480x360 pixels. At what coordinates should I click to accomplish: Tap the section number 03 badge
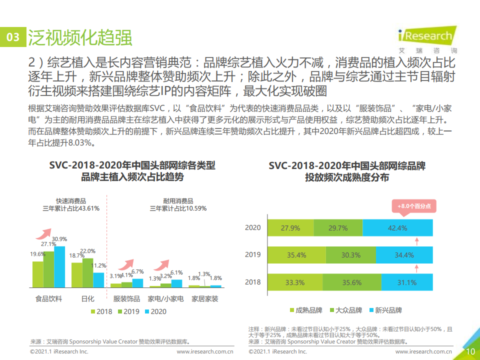pyautogui.click(x=13, y=37)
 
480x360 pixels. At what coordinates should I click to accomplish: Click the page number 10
pyautogui.click(x=470, y=351)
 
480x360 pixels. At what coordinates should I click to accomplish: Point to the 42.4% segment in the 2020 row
pyautogui.click(x=397, y=228)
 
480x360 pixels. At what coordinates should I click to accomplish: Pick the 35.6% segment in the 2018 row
pyautogui.click(x=351, y=282)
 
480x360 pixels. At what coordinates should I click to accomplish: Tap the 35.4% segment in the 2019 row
pyautogui.click(x=296, y=255)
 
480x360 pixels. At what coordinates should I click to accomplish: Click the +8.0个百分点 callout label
pyautogui.click(x=414, y=205)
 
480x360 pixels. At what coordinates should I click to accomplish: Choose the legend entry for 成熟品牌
pyautogui.click(x=305, y=310)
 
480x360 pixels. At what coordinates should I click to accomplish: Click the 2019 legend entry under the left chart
pyautogui.click(x=128, y=311)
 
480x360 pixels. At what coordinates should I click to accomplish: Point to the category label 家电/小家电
pyautogui.click(x=165, y=299)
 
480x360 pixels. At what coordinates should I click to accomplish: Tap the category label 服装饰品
pyautogui.click(x=126, y=299)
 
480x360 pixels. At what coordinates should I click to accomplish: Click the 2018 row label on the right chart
pyautogui.click(x=253, y=282)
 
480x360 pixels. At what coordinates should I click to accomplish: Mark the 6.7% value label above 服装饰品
pyautogui.click(x=137, y=271)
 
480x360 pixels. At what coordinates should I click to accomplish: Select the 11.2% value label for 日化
pyautogui.click(x=100, y=265)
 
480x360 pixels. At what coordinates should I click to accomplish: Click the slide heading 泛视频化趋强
pyautogui.click(x=79, y=37)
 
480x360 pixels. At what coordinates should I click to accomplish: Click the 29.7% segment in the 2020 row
pyautogui.click(x=338, y=228)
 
